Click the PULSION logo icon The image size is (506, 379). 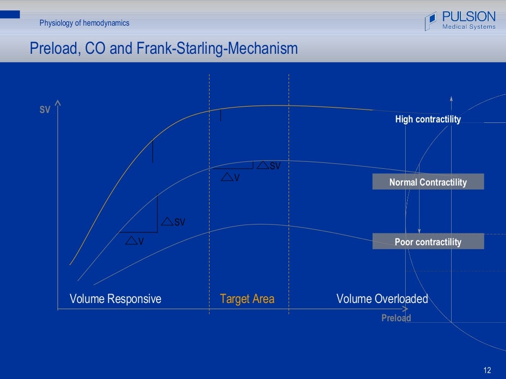click(431, 21)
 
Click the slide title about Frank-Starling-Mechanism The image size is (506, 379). click(164, 48)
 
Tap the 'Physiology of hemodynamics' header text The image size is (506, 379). click(84, 23)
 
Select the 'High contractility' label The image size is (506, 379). click(428, 119)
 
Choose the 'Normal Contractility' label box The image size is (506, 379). click(428, 182)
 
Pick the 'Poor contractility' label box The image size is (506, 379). click(428, 242)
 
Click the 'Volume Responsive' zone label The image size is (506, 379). click(115, 299)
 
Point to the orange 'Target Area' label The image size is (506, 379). click(247, 299)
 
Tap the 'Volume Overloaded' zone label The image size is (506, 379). click(382, 299)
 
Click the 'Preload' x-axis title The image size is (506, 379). click(396, 318)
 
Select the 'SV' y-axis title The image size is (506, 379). click(45, 110)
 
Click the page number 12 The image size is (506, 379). click(487, 370)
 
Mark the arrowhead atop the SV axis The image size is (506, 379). click(58, 103)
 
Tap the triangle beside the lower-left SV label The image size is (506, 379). click(168, 222)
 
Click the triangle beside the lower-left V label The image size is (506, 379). click(131, 241)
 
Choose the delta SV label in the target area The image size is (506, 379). click(269, 166)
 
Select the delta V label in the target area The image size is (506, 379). click(230, 177)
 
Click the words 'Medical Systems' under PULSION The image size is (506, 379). click(468, 27)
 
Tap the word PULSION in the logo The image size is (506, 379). click(469, 17)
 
